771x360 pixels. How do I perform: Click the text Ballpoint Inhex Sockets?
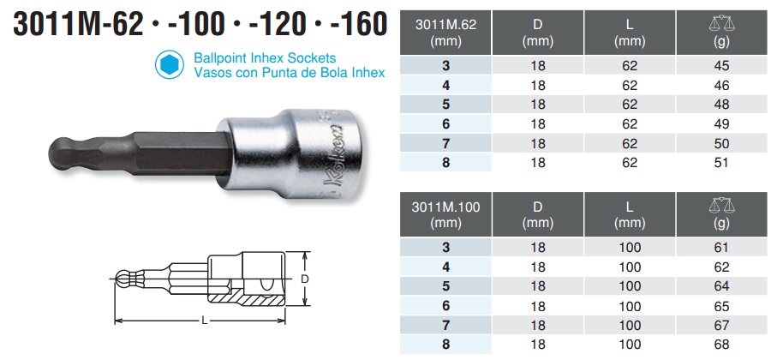click(x=258, y=57)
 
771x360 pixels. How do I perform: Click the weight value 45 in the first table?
click(x=722, y=65)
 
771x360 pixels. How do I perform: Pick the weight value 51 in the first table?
click(x=722, y=163)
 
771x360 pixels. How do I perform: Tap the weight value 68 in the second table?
click(x=722, y=345)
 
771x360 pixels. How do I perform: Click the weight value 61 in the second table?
click(x=722, y=247)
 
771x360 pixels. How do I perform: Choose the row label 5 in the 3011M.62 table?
click(x=445, y=105)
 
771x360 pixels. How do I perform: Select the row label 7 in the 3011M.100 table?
click(x=445, y=325)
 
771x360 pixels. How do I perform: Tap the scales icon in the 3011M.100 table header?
click(x=722, y=205)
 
